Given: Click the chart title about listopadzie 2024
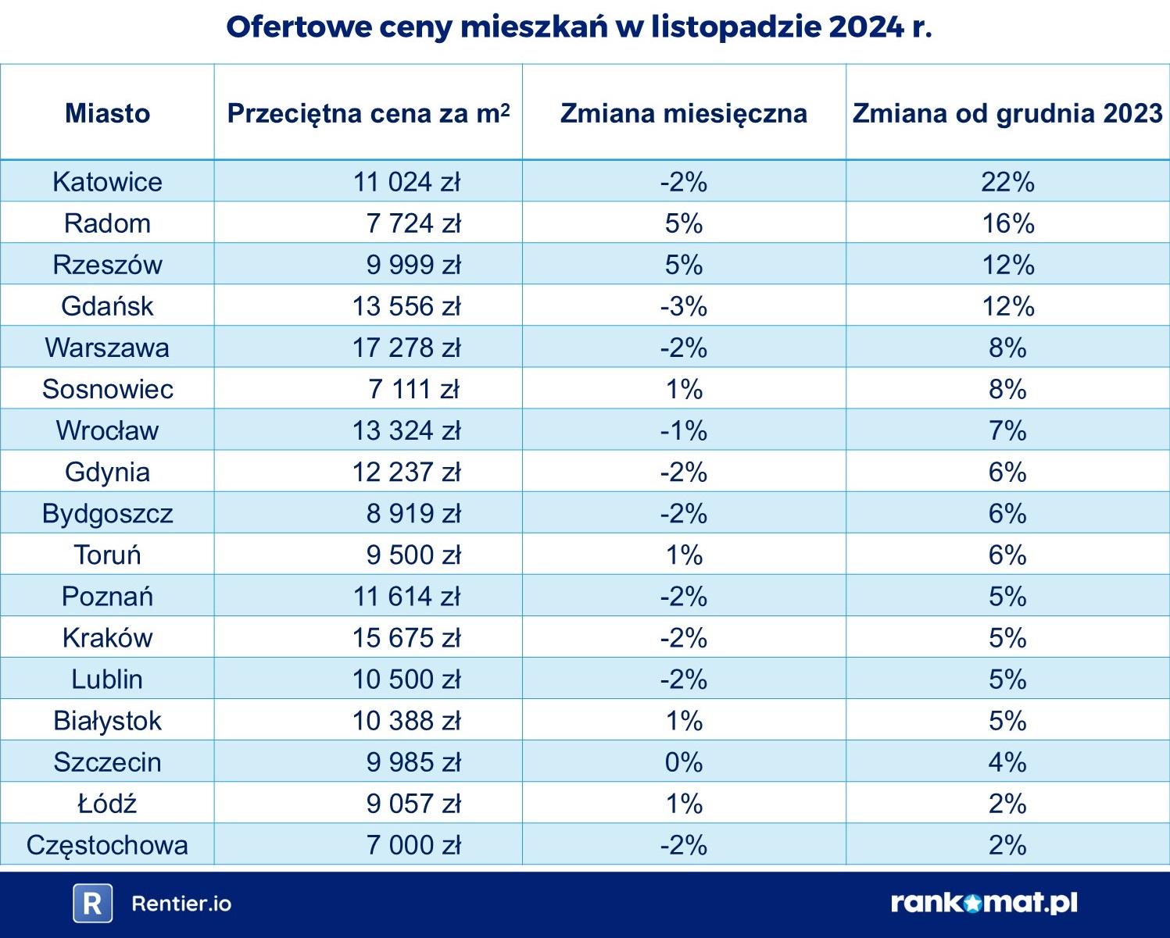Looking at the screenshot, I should point(579,27).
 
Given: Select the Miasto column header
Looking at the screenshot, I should point(107,113).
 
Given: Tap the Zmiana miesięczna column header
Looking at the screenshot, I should point(683,113).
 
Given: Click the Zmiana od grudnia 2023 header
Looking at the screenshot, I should point(1007,113).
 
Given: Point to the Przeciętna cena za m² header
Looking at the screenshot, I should point(368,113).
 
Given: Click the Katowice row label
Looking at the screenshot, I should point(107,182).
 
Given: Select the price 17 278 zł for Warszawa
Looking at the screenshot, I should point(406,348).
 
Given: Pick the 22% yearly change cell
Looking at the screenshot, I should point(1007,182).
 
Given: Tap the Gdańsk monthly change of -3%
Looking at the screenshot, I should point(683,306).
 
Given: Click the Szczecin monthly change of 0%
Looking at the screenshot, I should point(683,762).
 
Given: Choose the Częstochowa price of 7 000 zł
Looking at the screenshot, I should point(413,845).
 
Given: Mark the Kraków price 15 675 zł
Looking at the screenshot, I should point(406,638).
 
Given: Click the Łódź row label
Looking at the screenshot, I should point(107,804).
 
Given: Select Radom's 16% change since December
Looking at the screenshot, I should point(1007,223).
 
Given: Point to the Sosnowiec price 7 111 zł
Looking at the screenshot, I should point(413,389).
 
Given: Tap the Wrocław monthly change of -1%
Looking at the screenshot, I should point(683,430).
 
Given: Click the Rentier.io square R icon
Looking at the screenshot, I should point(92,904).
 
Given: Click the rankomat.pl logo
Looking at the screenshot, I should point(984,903).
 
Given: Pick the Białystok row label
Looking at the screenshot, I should point(107,721).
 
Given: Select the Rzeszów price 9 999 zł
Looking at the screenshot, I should point(413,265).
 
